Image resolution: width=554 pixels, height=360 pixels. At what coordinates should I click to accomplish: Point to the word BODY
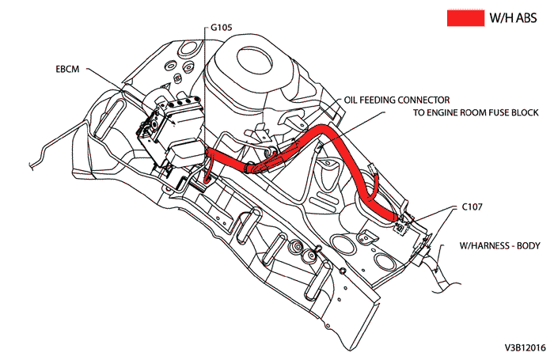(526, 246)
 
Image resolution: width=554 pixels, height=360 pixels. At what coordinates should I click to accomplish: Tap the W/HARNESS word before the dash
(484, 246)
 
